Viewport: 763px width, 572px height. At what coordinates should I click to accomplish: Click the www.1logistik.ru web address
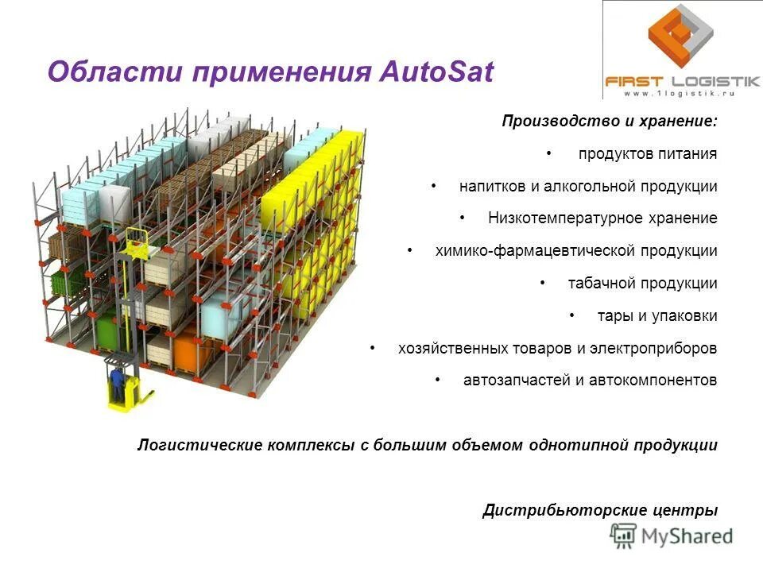tap(678, 93)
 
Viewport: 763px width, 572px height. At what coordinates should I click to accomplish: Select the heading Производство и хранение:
tap(610, 122)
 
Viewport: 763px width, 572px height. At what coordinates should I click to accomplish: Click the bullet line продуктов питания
tap(648, 154)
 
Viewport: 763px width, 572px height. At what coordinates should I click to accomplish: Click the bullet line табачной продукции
tap(642, 284)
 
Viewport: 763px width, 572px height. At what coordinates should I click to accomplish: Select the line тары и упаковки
tap(657, 316)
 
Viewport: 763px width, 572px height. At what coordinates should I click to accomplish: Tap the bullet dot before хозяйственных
tap(374, 348)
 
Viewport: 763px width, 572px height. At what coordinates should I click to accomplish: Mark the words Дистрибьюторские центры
tap(600, 510)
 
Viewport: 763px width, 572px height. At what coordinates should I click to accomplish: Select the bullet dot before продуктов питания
tap(549, 153)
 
